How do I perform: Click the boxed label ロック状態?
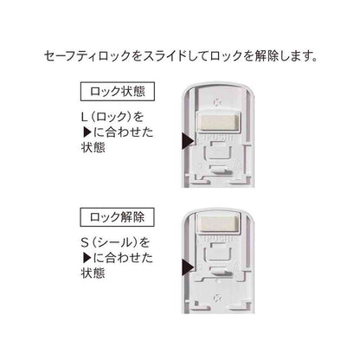118,92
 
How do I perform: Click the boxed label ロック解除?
118,216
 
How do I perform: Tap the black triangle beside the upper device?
188,141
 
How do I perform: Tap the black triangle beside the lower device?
188,265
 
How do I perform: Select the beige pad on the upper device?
218,122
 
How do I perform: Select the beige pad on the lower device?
218,223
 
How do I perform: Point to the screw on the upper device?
218,102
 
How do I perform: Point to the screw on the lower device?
218,298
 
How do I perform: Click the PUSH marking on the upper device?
218,138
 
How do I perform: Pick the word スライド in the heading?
165,55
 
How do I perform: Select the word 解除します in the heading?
286,55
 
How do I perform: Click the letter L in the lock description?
84,117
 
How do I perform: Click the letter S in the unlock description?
85,242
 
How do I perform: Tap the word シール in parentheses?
115,242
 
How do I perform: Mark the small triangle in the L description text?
87,132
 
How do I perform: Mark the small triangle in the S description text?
87,258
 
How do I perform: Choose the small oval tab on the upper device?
218,169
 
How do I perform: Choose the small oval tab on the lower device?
218,271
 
